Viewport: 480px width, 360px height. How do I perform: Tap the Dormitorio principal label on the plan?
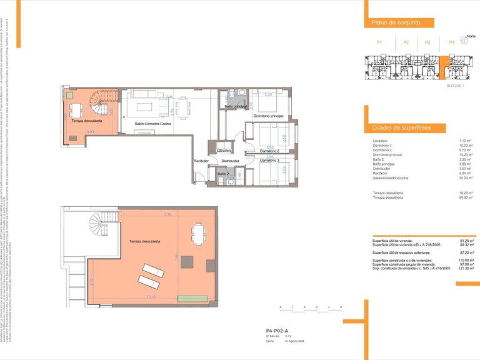click(268, 116)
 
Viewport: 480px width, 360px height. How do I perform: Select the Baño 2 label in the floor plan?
click(223, 173)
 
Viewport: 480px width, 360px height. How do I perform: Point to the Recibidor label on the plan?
click(201, 161)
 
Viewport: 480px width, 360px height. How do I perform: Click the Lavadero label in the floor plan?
click(225, 151)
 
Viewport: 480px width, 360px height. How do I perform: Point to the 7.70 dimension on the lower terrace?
click(167, 215)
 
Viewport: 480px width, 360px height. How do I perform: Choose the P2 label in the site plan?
click(406, 42)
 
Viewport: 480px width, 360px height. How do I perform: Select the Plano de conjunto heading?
click(394, 22)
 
